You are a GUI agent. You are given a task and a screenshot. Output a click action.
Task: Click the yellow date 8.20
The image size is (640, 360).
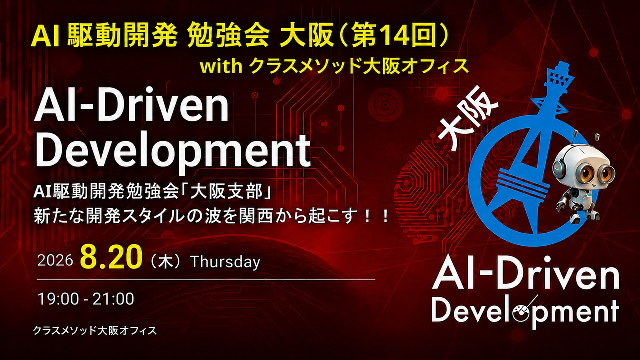tap(111, 258)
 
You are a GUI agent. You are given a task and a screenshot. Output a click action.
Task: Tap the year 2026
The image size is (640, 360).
tap(55, 260)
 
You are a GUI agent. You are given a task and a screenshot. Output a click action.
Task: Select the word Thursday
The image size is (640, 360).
tap(225, 261)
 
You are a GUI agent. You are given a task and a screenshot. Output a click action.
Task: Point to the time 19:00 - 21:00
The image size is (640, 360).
tap(86, 299)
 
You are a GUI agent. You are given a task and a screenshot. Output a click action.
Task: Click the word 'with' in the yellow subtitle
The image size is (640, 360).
tap(221, 67)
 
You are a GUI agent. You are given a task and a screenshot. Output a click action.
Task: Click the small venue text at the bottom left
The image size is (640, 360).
tap(95, 331)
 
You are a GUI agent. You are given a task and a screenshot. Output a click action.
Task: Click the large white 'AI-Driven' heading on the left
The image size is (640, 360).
tap(131, 109)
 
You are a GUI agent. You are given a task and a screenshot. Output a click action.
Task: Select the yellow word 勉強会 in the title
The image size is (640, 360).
tap(228, 37)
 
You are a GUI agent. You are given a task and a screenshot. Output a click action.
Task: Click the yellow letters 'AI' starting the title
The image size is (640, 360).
tap(45, 38)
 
